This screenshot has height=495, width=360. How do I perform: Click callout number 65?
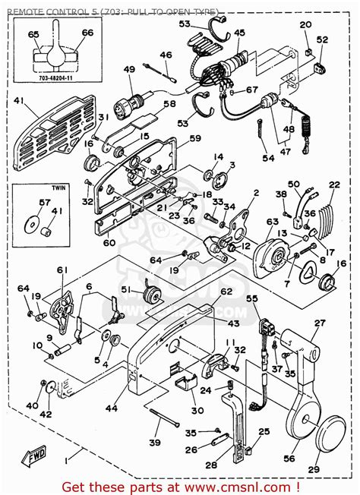(x=33, y=34)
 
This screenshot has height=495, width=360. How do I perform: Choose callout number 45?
(x=239, y=33)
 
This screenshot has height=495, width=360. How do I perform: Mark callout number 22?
(x=334, y=185)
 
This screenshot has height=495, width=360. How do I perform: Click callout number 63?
(x=272, y=221)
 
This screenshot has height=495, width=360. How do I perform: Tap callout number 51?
(x=126, y=288)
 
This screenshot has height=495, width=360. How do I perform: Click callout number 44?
(x=111, y=408)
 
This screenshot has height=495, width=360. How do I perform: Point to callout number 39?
(x=155, y=443)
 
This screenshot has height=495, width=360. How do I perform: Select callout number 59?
(x=196, y=138)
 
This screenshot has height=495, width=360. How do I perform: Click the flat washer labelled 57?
(x=33, y=224)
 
